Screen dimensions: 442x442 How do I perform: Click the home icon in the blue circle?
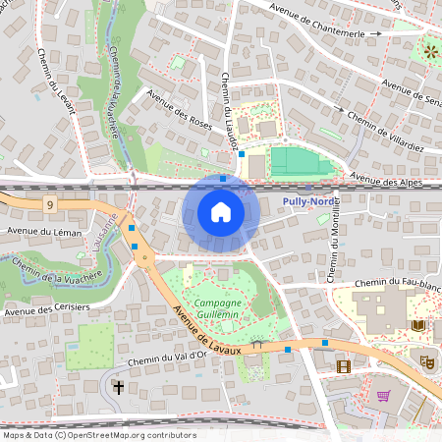coord(221,212)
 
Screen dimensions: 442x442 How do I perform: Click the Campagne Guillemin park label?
coord(217,307)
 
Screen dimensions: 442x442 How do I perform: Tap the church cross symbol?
coord(119,387)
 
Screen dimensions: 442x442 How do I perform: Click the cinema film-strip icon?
coord(343,366)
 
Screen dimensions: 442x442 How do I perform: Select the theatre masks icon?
coord(427,361)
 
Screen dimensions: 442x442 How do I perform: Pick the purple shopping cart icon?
coord(383,396)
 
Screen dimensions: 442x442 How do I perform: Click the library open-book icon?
coord(418,325)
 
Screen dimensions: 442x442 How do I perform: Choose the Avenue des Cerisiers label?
coord(46,309)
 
